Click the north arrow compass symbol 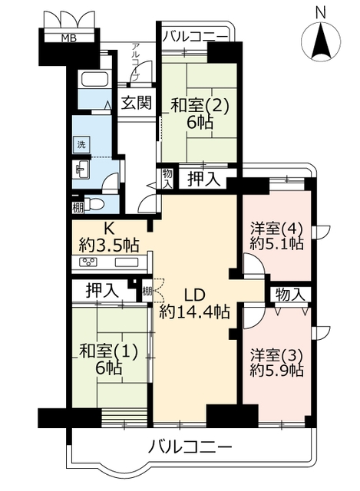(321, 41)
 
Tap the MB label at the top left (68, 38)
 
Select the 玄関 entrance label (137, 102)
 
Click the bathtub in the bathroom (95, 79)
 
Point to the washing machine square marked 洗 (81, 145)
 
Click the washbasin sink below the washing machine (82, 170)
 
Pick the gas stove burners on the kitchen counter (88, 262)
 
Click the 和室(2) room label (200, 114)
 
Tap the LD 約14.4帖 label (194, 304)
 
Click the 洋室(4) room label (276, 236)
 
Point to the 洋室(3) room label (276, 362)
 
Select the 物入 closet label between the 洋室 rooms (290, 295)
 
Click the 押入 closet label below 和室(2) (204, 180)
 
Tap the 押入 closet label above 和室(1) (102, 290)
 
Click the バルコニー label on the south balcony (190, 447)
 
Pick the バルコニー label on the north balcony (194, 36)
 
